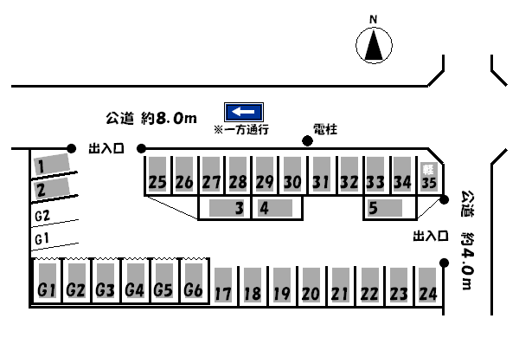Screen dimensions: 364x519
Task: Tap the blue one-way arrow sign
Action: (x=244, y=112)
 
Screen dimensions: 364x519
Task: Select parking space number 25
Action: (x=157, y=173)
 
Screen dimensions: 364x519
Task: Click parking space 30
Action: (x=292, y=173)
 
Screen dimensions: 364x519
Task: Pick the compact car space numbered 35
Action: (x=428, y=173)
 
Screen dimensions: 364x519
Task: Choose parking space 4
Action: (x=277, y=208)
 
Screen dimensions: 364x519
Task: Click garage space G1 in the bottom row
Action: (x=47, y=280)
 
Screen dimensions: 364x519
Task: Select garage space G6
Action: (x=193, y=280)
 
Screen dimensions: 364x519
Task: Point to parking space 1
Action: (x=51, y=164)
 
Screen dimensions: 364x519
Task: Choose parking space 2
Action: (x=51, y=188)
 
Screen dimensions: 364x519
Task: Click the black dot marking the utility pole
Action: (x=306, y=140)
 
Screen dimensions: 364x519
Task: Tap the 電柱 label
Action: (x=324, y=129)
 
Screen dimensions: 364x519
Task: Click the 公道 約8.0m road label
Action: (x=152, y=117)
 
